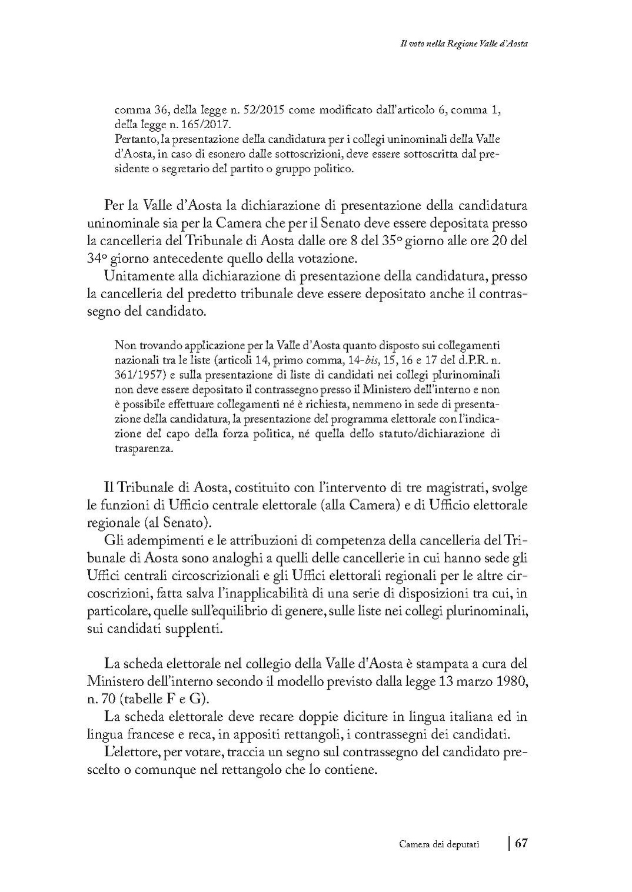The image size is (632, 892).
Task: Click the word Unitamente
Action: pyautogui.click(x=134, y=275)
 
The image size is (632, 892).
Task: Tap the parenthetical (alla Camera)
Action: pyautogui.click(x=357, y=505)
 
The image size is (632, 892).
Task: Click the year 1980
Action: pyautogui.click(x=511, y=681)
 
